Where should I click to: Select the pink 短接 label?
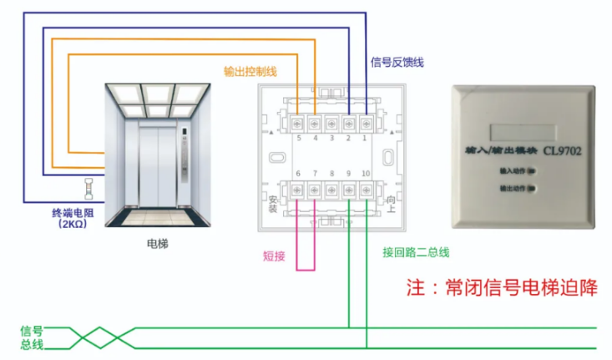pyautogui.click(x=273, y=256)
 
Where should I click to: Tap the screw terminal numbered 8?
pyautogui.click(x=331, y=190)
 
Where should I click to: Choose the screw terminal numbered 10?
pyautogui.click(x=365, y=190)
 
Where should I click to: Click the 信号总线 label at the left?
pyautogui.click(x=32, y=337)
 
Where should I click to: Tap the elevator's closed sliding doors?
pyautogui.click(x=156, y=166)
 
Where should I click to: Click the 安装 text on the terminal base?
pyautogui.click(x=272, y=204)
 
